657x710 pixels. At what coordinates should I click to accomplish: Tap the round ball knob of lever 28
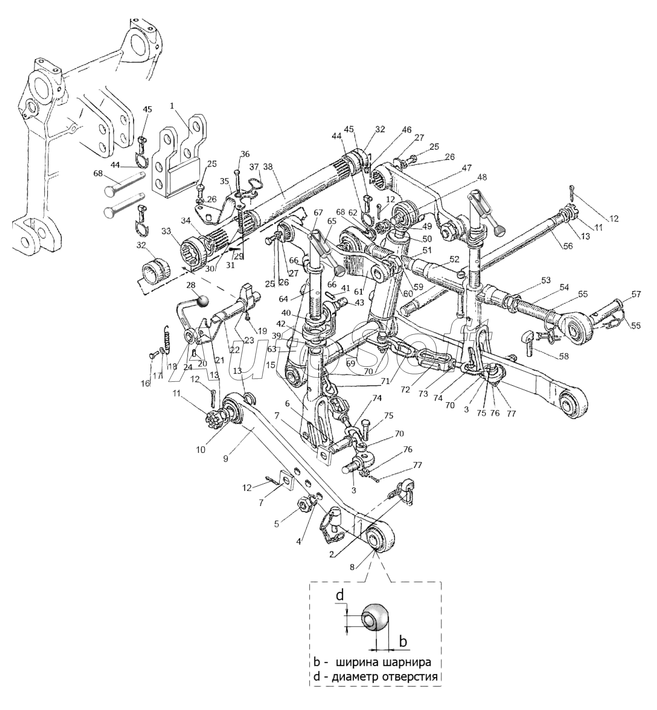pos(203,301)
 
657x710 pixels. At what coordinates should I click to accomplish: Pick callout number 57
pos(636,294)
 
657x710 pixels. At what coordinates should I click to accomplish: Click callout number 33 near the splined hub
pos(166,231)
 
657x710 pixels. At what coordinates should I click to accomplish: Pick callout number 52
pos(454,259)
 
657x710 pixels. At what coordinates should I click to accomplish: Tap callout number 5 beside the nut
pos(277,523)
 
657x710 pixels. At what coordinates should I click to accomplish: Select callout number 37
pos(254,167)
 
